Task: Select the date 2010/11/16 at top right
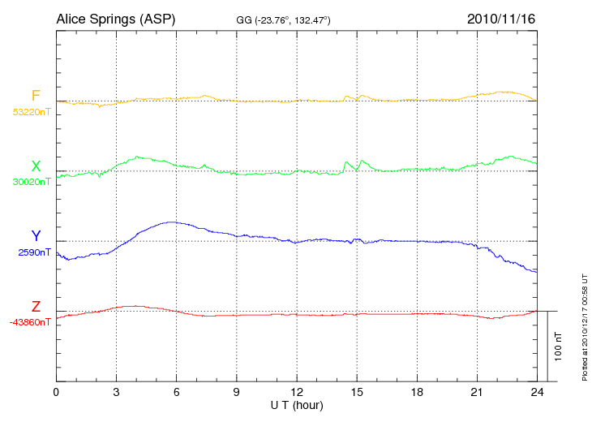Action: (x=501, y=18)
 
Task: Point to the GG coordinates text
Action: (x=282, y=19)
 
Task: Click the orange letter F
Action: (x=36, y=96)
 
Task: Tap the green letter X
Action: (x=36, y=166)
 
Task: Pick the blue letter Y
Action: (x=36, y=236)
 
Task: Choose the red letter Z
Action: (x=36, y=307)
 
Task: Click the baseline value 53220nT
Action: (x=31, y=112)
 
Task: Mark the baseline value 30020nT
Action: (x=31, y=182)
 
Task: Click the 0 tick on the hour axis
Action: (x=56, y=393)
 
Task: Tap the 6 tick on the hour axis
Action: (x=177, y=393)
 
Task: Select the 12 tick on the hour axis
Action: (x=297, y=393)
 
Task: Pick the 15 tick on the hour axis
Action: (x=357, y=393)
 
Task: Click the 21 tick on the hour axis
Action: (x=477, y=393)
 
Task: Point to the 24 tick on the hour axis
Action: (x=537, y=393)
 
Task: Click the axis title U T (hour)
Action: (x=297, y=405)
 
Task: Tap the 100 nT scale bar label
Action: (x=559, y=346)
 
